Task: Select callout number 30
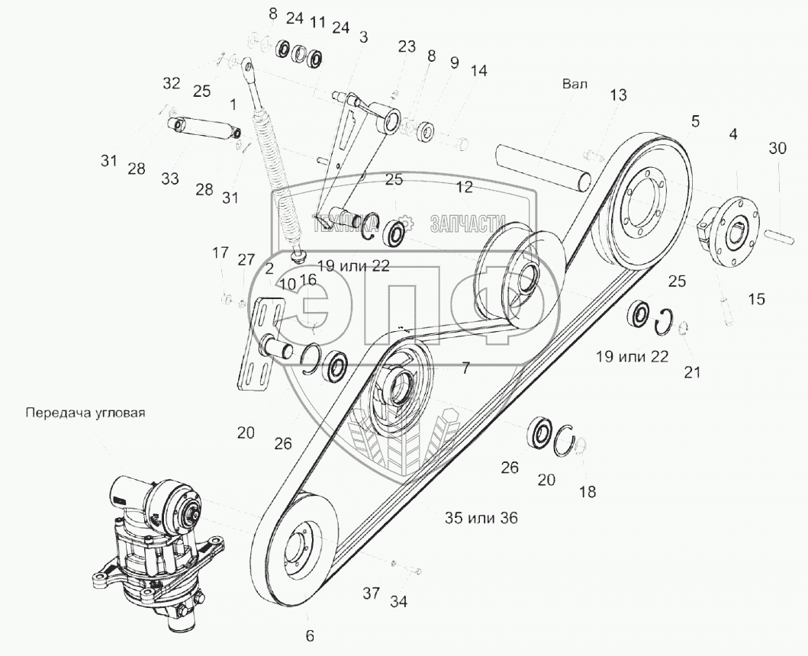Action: (777, 150)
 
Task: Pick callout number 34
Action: (399, 602)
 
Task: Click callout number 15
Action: (755, 300)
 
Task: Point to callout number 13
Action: (618, 95)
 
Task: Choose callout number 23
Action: (406, 47)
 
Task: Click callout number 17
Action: (220, 252)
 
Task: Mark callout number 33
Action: (169, 178)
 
